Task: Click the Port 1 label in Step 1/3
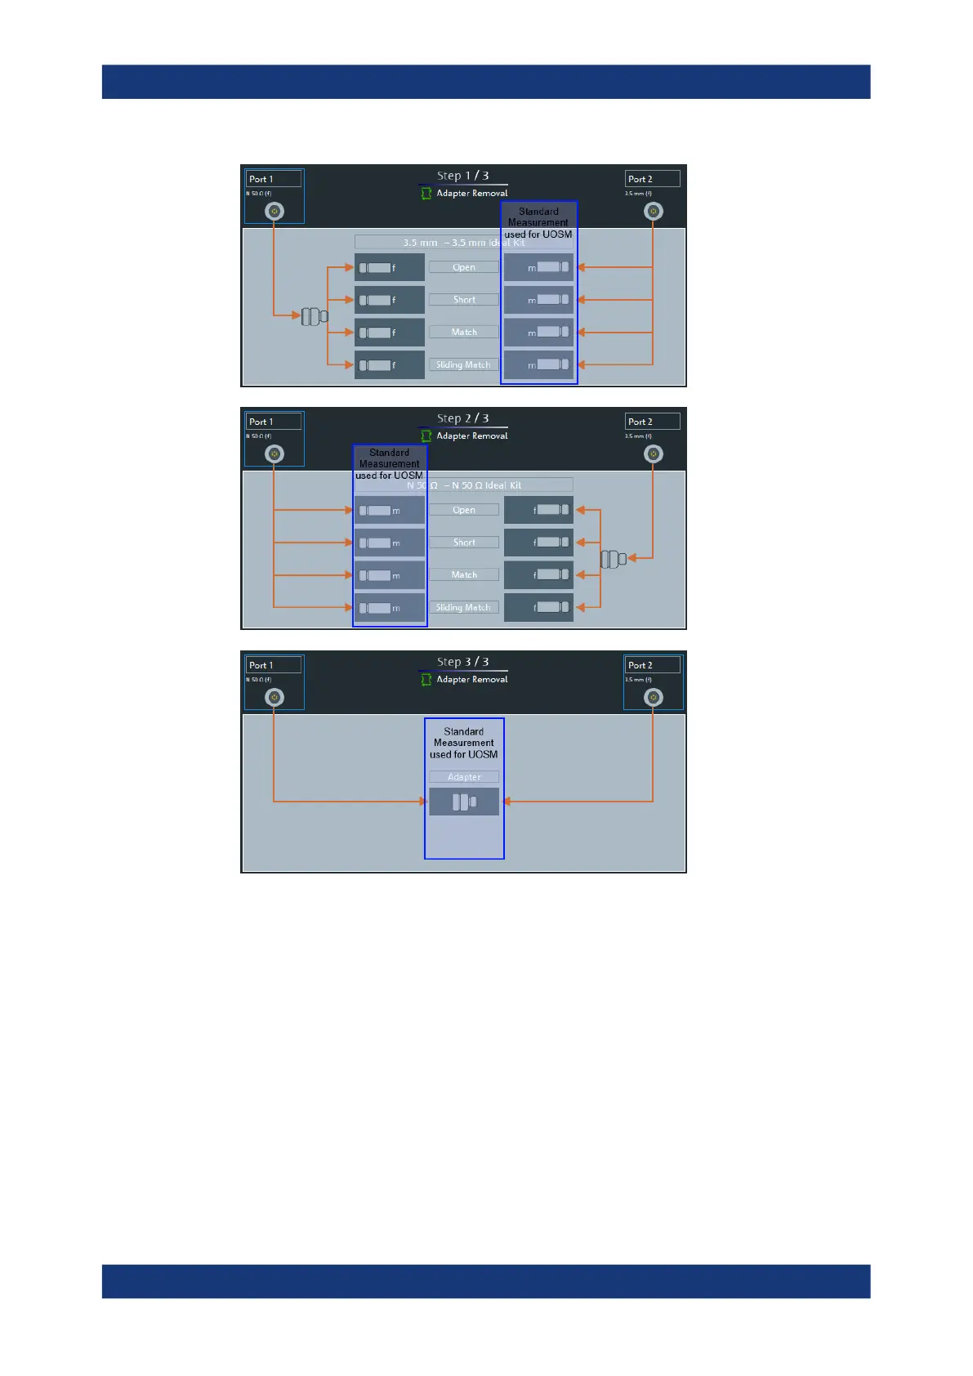274,179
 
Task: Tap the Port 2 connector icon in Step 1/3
653,212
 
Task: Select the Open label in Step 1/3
464,267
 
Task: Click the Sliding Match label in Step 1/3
464,365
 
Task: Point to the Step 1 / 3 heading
463,176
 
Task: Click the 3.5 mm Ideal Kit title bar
463,243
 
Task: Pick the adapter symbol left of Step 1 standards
315,316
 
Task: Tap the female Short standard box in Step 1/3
390,300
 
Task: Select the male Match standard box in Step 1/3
538,333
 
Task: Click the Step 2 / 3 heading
463,418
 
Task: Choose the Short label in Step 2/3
464,543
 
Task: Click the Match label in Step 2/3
464,575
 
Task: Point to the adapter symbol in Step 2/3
614,559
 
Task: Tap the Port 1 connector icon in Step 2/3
274,454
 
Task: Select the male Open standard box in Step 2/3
390,510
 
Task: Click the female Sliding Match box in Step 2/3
538,607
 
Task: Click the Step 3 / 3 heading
463,662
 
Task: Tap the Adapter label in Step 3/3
464,777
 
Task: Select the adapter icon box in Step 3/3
464,802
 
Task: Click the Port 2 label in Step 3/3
652,665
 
